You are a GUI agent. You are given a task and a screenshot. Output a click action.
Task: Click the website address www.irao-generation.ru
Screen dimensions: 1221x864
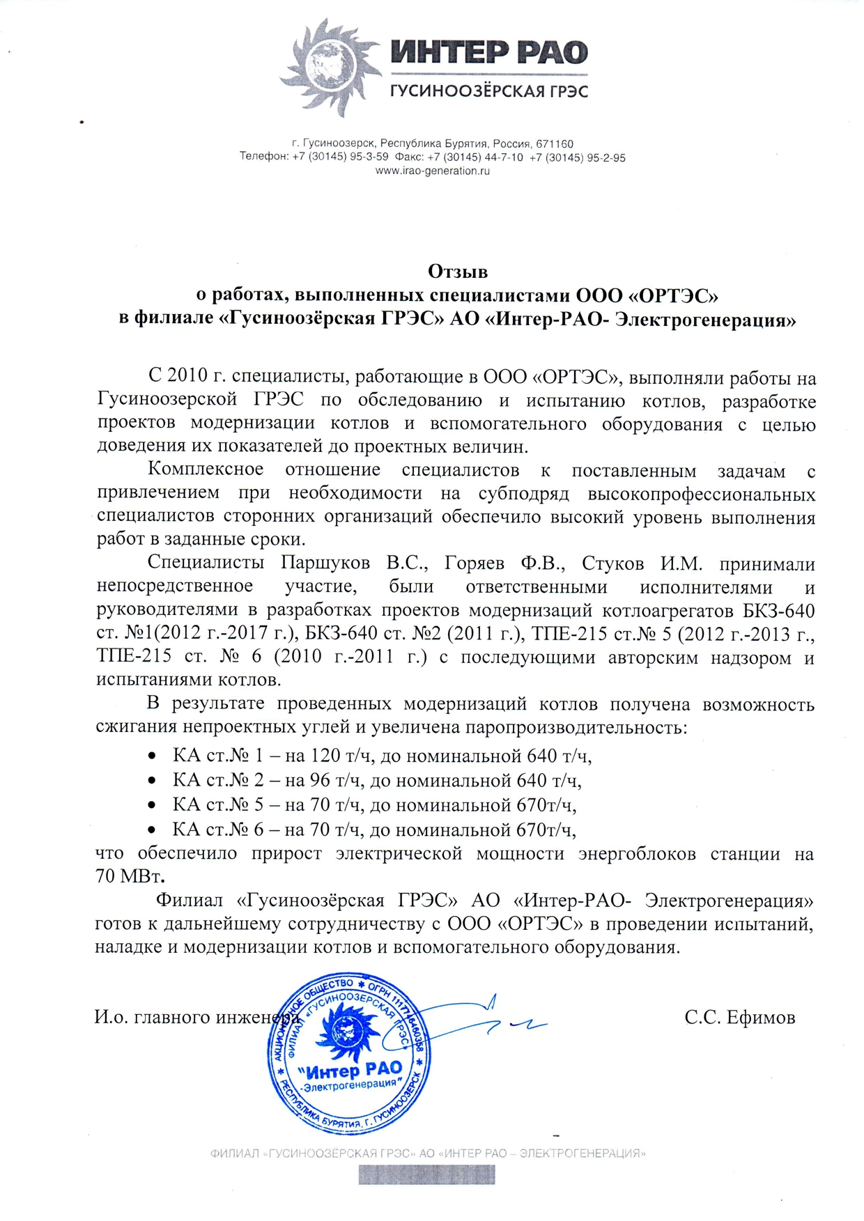[x=432, y=171]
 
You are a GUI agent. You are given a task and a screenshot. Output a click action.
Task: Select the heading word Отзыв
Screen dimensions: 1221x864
[x=457, y=270]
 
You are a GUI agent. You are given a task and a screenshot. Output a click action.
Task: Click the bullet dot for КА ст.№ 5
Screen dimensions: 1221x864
[x=151, y=805]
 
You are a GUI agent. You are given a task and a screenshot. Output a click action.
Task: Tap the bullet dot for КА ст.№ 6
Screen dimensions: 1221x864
[x=151, y=830]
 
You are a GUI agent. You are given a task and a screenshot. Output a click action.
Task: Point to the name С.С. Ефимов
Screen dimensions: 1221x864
[x=739, y=1018]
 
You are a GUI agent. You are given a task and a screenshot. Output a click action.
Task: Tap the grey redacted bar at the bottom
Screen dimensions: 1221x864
[x=426, y=1175]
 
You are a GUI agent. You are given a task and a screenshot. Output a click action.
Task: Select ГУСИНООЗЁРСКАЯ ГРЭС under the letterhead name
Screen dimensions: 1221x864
[x=488, y=91]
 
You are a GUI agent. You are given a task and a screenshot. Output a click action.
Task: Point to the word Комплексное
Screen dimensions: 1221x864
[x=206, y=469]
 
